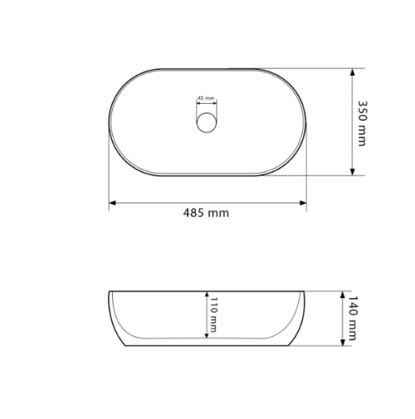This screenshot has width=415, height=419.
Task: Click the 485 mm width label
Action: click(x=206, y=213)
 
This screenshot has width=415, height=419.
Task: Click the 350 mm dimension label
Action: click(x=363, y=123)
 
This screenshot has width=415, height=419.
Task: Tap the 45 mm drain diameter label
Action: click(x=206, y=98)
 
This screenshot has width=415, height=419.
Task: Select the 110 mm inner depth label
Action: click(x=214, y=314)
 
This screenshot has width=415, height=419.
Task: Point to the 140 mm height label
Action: click(x=352, y=318)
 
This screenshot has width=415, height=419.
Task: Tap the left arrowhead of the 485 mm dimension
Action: click(x=112, y=203)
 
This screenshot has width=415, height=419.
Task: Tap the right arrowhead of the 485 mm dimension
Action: click(x=303, y=203)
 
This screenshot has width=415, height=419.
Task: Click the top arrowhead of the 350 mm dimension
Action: click(x=352, y=72)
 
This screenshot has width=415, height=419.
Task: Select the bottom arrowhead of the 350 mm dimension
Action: click(x=352, y=172)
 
